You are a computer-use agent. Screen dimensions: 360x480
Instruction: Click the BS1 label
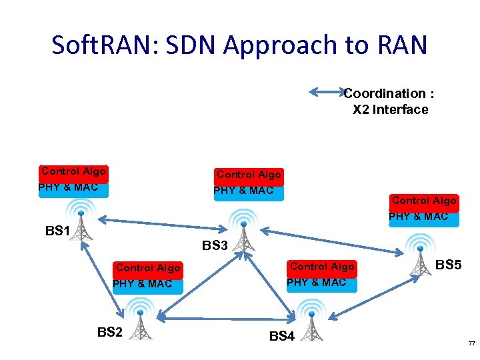click(x=57, y=231)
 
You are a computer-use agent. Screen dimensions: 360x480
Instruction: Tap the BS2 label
click(x=110, y=331)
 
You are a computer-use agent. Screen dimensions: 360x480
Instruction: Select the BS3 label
click(x=215, y=246)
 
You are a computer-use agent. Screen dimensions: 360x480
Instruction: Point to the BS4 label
click(x=281, y=337)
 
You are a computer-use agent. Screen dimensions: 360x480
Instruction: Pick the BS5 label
click(x=448, y=265)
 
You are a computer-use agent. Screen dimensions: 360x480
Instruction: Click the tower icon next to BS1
click(x=81, y=225)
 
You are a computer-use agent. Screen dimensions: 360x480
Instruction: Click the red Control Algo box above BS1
click(x=73, y=172)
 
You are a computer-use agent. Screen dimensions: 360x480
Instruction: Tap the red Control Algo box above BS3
click(x=249, y=175)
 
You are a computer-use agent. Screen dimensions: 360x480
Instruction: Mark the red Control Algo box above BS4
click(x=321, y=267)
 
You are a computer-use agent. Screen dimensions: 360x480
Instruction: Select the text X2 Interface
click(x=390, y=110)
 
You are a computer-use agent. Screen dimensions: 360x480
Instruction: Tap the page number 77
click(x=471, y=343)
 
